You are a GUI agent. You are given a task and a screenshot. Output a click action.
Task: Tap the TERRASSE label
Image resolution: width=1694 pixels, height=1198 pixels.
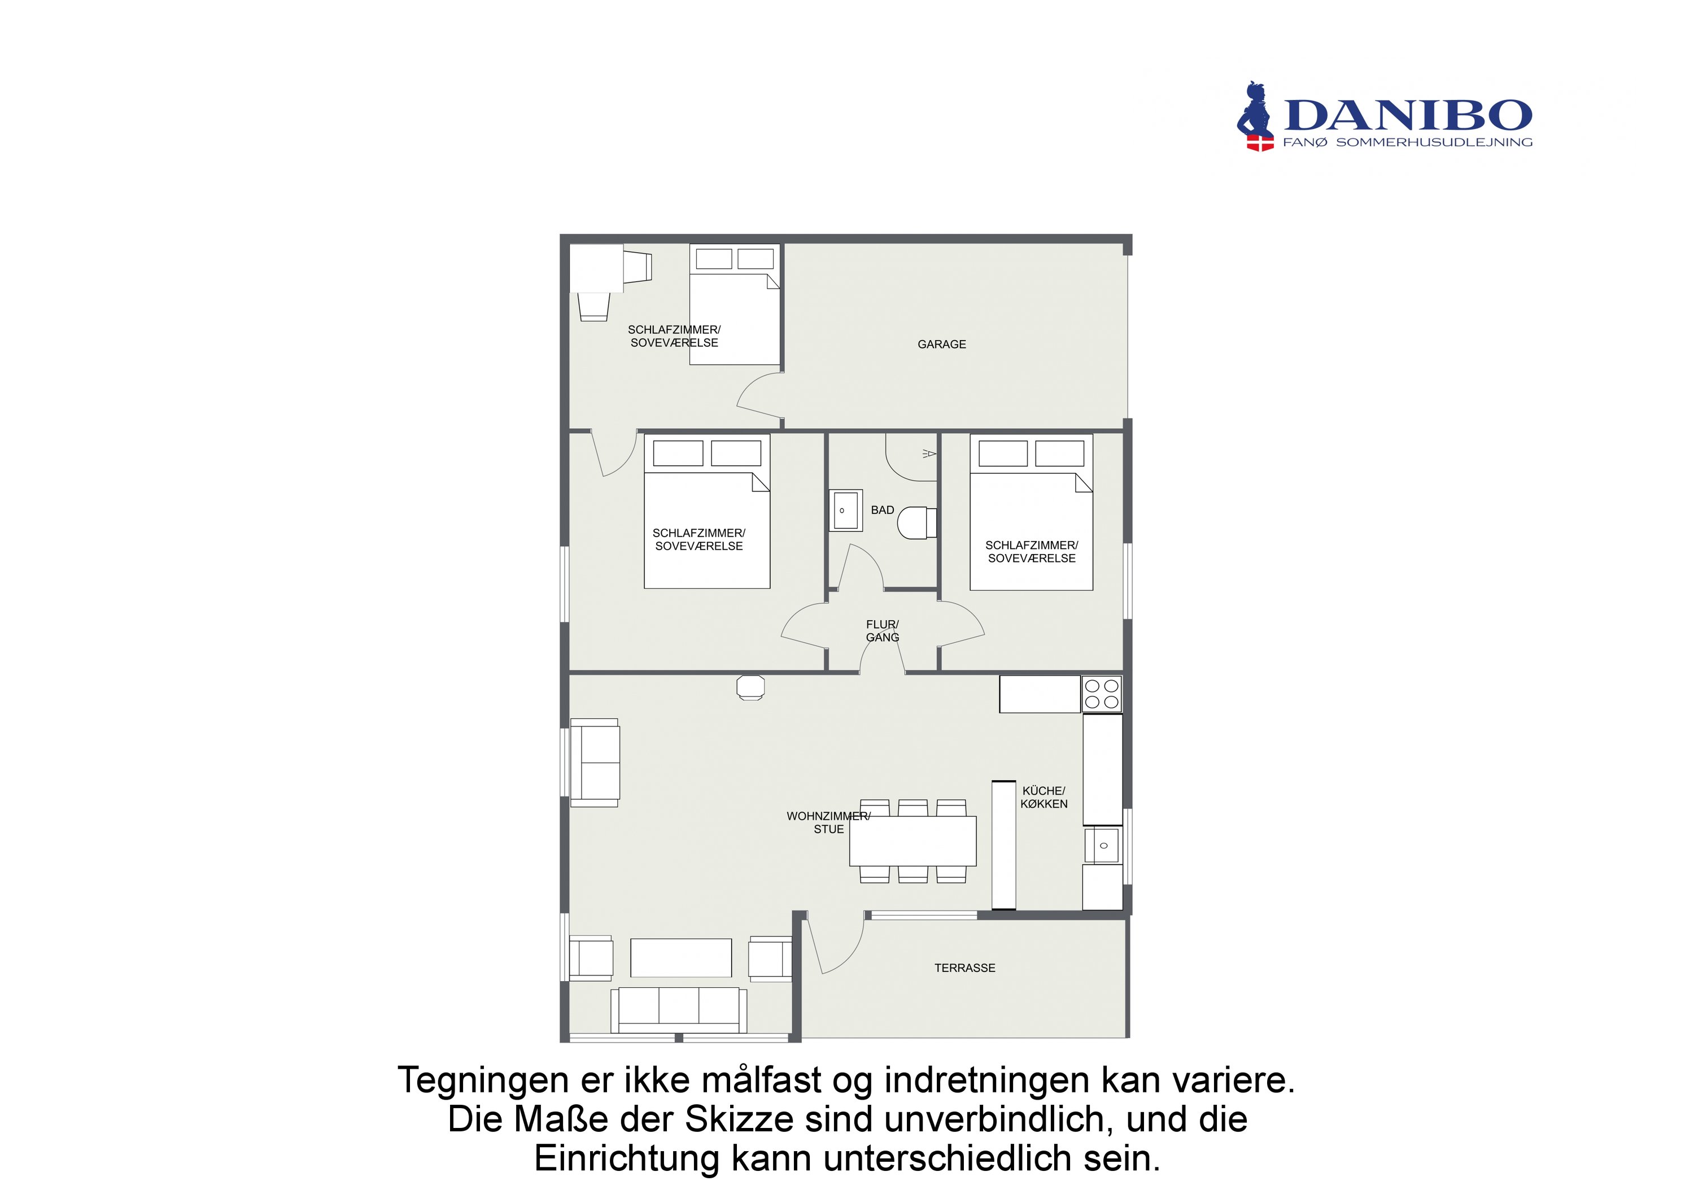click(964, 968)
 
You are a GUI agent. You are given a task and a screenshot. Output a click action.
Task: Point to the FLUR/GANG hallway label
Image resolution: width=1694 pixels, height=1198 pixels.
click(883, 631)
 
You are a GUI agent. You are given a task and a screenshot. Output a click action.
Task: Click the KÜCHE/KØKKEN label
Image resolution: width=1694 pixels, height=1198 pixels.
click(1044, 797)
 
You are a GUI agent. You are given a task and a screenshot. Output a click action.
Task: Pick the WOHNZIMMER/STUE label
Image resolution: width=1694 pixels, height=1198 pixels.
click(828, 822)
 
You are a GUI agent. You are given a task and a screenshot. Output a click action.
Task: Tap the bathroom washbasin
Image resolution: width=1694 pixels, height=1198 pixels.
click(845, 510)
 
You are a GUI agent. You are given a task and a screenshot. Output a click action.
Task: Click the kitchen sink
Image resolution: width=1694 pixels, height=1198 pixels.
click(1102, 845)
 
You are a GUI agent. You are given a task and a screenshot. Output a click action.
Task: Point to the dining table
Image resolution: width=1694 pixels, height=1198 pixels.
click(913, 840)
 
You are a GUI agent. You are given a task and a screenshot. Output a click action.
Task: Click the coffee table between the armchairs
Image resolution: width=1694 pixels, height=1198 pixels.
click(680, 958)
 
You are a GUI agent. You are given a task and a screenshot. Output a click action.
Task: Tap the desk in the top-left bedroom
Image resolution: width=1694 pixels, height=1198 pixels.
click(596, 268)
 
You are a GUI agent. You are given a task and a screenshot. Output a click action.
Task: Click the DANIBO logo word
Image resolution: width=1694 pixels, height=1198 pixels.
click(1408, 116)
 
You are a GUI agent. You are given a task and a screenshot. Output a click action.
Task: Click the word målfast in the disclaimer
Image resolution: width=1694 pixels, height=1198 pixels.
click(761, 1081)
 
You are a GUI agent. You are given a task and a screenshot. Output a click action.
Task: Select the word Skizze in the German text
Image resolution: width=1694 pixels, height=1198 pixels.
click(739, 1119)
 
